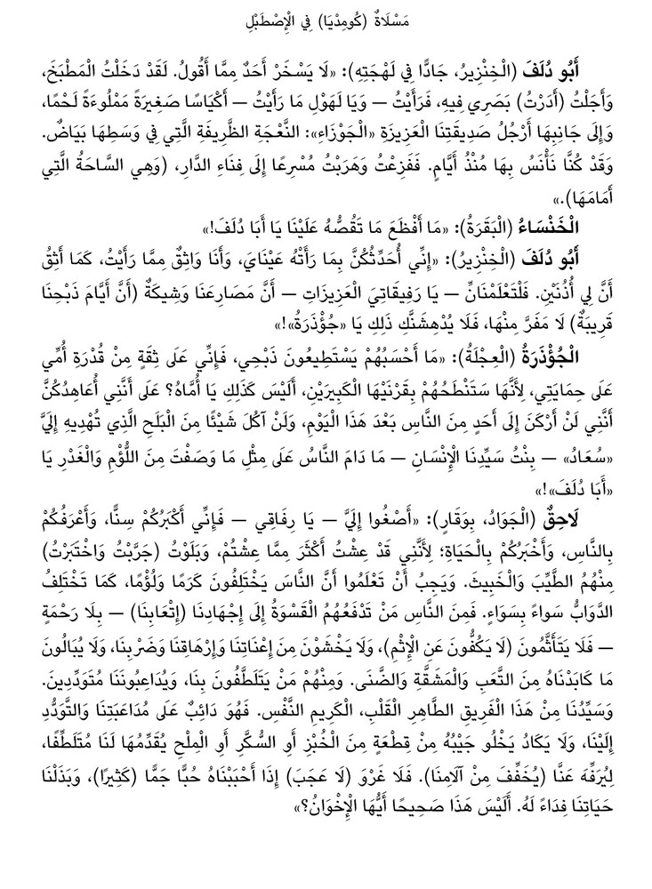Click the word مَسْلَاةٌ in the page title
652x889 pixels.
coord(411,18)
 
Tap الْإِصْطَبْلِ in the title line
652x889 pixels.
coord(265,18)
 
